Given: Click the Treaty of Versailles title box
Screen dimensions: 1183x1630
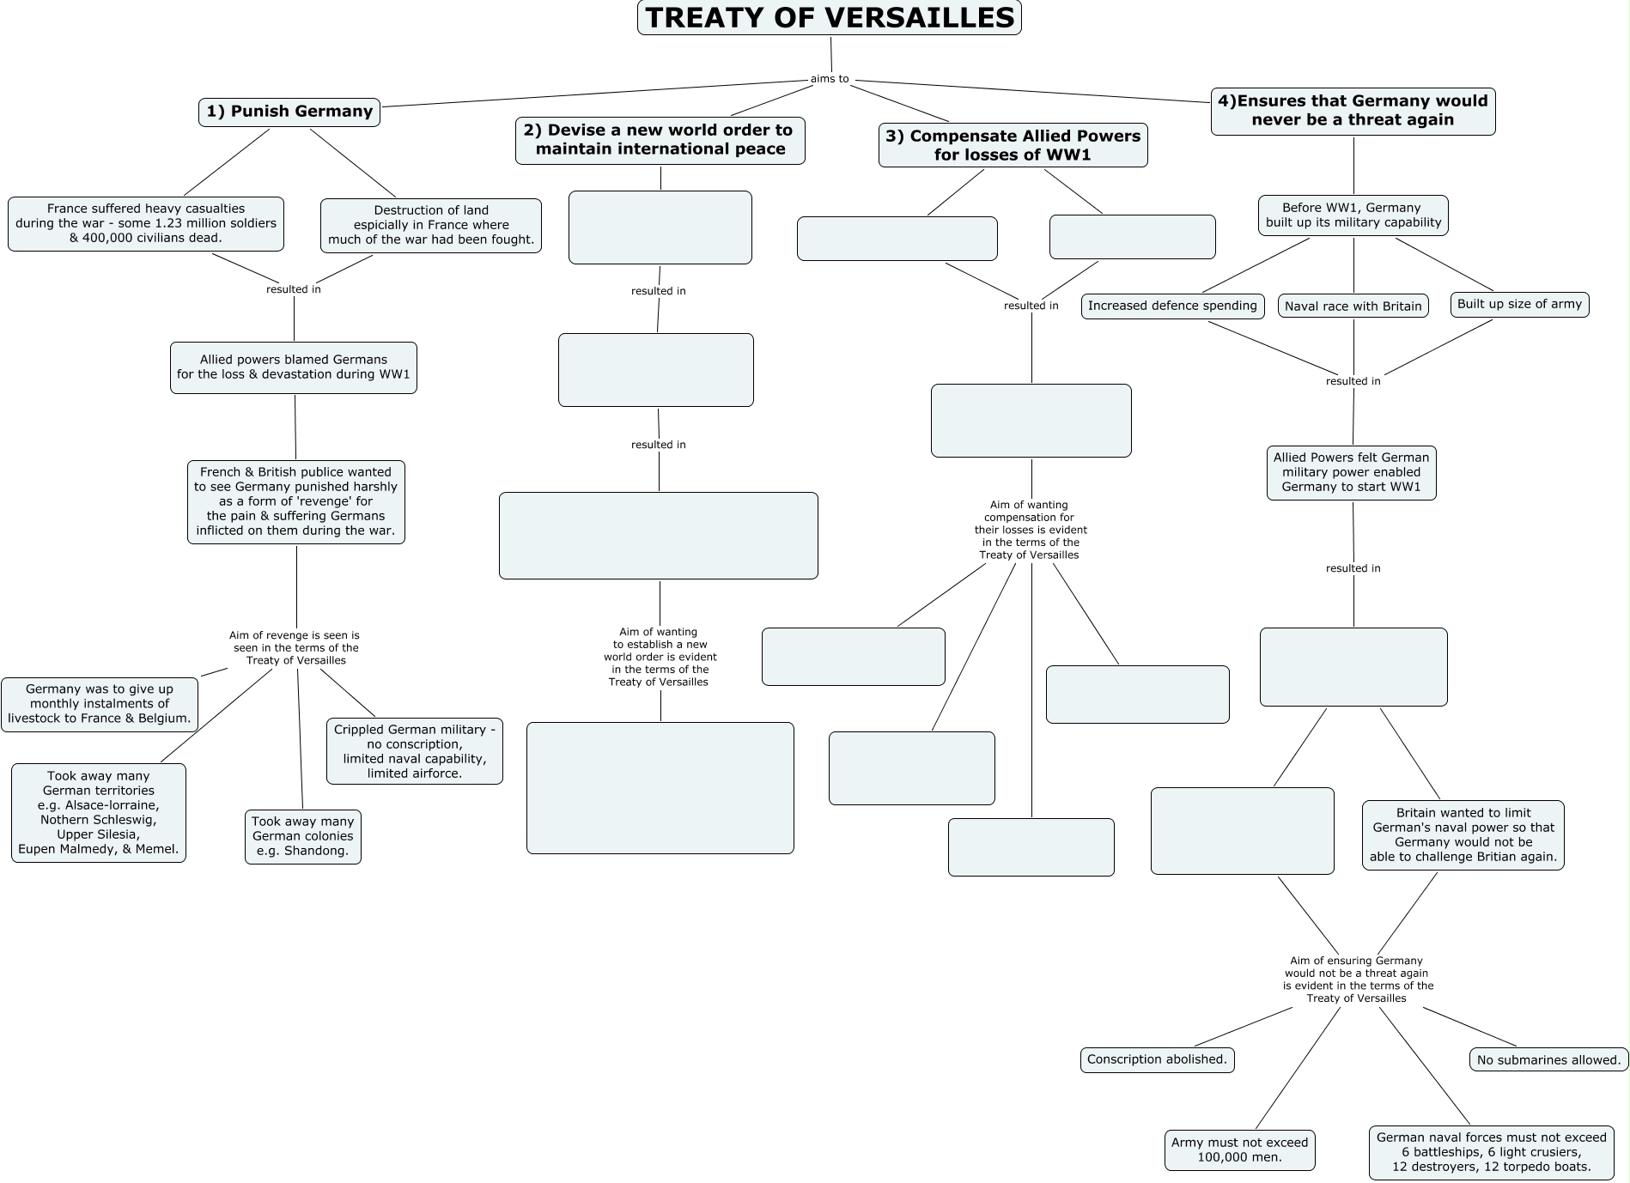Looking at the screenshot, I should coord(829,18).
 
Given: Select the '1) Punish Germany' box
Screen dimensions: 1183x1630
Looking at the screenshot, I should coord(289,112).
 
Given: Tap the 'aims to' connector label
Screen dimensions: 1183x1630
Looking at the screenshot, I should coord(829,79).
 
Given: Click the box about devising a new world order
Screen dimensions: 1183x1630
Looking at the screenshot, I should coord(660,140).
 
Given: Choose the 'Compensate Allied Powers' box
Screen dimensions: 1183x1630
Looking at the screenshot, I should coord(1013,145).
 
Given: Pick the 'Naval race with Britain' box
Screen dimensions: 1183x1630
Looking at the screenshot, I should coord(1353,306).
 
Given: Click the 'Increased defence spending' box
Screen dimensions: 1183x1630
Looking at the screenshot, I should coord(1172,306).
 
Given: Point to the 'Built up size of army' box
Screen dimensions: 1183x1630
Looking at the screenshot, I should coord(1519,305).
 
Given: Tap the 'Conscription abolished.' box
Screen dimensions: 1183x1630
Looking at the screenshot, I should coord(1157,1059).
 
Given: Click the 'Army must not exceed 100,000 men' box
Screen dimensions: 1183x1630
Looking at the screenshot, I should coord(1239,1150).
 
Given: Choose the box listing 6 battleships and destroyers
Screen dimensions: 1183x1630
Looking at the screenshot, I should coord(1491,1152).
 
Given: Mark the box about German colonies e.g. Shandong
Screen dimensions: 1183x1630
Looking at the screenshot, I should coord(302,836).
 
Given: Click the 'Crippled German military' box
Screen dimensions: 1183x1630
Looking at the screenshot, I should coord(414,751).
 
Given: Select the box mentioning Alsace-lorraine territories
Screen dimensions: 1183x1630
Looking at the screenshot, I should coord(99,813).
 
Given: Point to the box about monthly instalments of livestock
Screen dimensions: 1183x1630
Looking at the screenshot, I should coord(100,704).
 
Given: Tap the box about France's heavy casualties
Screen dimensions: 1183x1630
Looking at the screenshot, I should coord(146,223).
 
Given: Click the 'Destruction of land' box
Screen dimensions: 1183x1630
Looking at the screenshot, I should coord(431,225).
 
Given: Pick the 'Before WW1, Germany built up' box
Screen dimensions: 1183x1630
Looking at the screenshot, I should coord(1353,215).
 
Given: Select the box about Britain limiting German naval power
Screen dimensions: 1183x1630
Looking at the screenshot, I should coord(1463,834).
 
